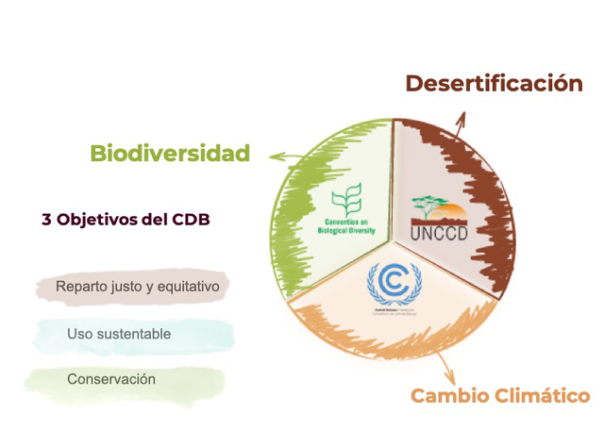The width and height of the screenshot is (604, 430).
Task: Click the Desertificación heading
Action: coord(494,83)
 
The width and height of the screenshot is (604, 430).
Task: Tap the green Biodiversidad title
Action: coord(170,153)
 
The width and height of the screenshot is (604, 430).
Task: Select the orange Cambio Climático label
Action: coord(500,395)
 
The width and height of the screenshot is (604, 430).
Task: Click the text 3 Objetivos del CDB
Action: coord(126,219)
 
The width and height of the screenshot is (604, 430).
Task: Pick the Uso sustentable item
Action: coord(119,334)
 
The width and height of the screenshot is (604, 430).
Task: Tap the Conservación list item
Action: coord(111,379)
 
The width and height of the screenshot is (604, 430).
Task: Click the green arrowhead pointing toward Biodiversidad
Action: coord(274,157)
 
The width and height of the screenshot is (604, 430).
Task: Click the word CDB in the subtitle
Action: coord(190,219)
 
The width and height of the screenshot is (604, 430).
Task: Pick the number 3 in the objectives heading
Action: coord(46,219)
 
